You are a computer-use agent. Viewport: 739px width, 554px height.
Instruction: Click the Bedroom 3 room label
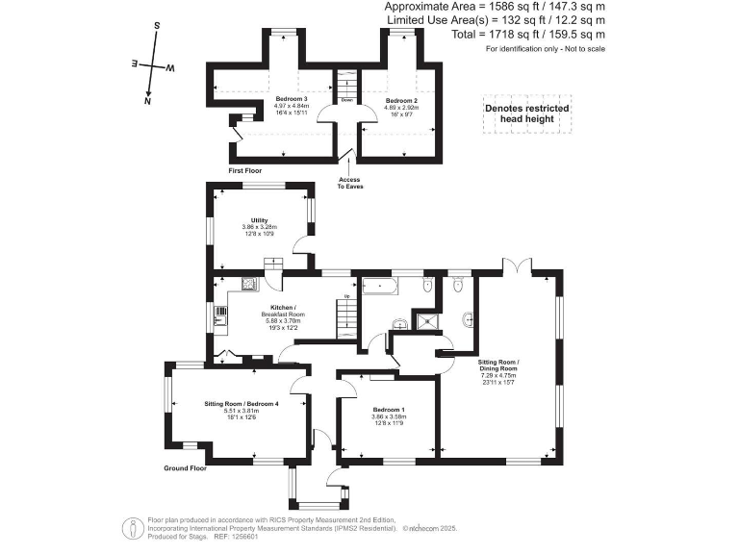(x=291, y=100)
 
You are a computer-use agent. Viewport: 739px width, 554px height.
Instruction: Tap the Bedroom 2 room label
(x=401, y=100)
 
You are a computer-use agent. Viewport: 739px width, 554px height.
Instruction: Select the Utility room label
(x=259, y=220)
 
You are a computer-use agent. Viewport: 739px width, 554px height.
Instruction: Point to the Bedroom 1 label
(x=389, y=411)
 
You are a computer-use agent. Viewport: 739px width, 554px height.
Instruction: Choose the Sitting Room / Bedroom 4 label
(x=242, y=403)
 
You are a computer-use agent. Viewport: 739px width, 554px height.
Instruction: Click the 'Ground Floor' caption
(x=186, y=468)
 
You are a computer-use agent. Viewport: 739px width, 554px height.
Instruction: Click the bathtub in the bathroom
(x=385, y=286)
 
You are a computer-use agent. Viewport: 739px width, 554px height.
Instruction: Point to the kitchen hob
(x=248, y=283)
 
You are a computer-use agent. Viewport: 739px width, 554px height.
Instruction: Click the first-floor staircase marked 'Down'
(x=346, y=83)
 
